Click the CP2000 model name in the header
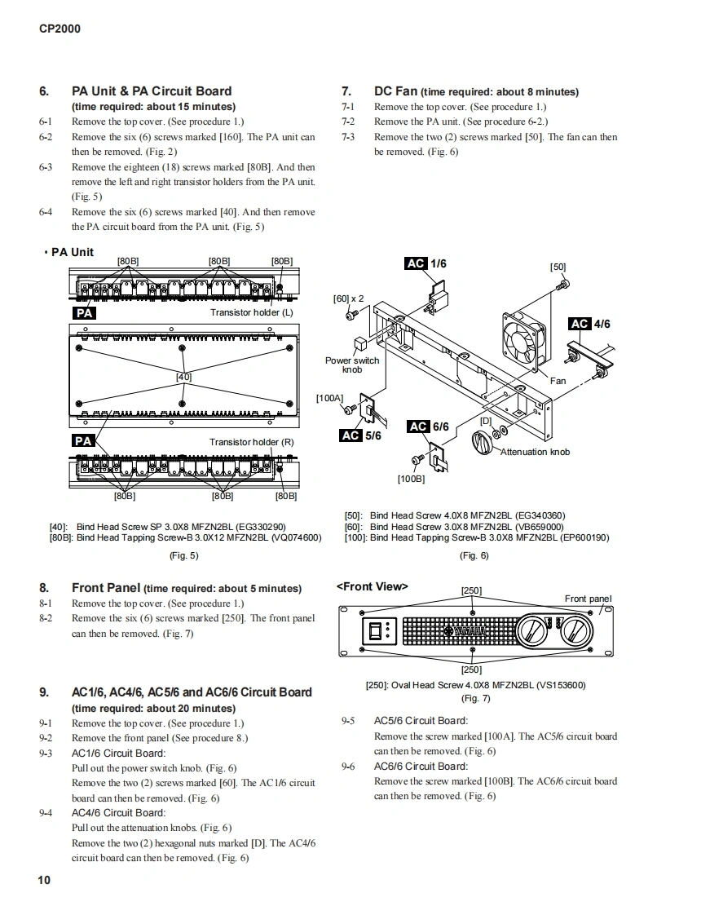click(60, 29)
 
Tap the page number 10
click(44, 880)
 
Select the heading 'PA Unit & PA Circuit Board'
click(152, 91)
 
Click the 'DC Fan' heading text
click(395, 91)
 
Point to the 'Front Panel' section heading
click(106, 587)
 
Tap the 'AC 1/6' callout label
click(425, 263)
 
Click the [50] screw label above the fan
click(558, 267)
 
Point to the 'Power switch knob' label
click(352, 365)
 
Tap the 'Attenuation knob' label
click(535, 452)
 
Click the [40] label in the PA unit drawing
click(183, 377)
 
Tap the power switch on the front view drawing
click(376, 630)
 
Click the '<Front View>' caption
click(372, 586)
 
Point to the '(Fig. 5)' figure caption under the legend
click(183, 555)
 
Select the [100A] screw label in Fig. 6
click(329, 398)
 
